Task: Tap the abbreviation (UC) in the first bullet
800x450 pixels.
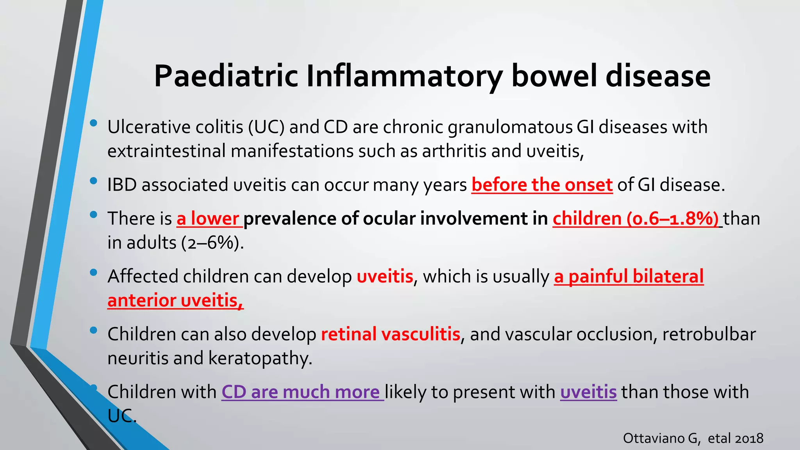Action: (x=266, y=127)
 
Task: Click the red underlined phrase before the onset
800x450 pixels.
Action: (x=542, y=185)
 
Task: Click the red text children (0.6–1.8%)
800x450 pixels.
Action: (x=636, y=219)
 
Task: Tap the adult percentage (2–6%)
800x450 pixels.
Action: (x=212, y=243)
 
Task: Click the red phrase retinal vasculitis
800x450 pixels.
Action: (x=390, y=334)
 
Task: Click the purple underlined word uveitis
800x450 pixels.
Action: (x=588, y=392)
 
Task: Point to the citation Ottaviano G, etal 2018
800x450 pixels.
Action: (x=693, y=438)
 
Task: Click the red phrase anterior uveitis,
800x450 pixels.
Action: (x=175, y=301)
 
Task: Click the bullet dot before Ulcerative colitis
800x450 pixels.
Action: (x=93, y=123)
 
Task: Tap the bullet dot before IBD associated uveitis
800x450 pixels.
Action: (x=93, y=181)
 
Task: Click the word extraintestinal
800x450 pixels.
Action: (x=166, y=151)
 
